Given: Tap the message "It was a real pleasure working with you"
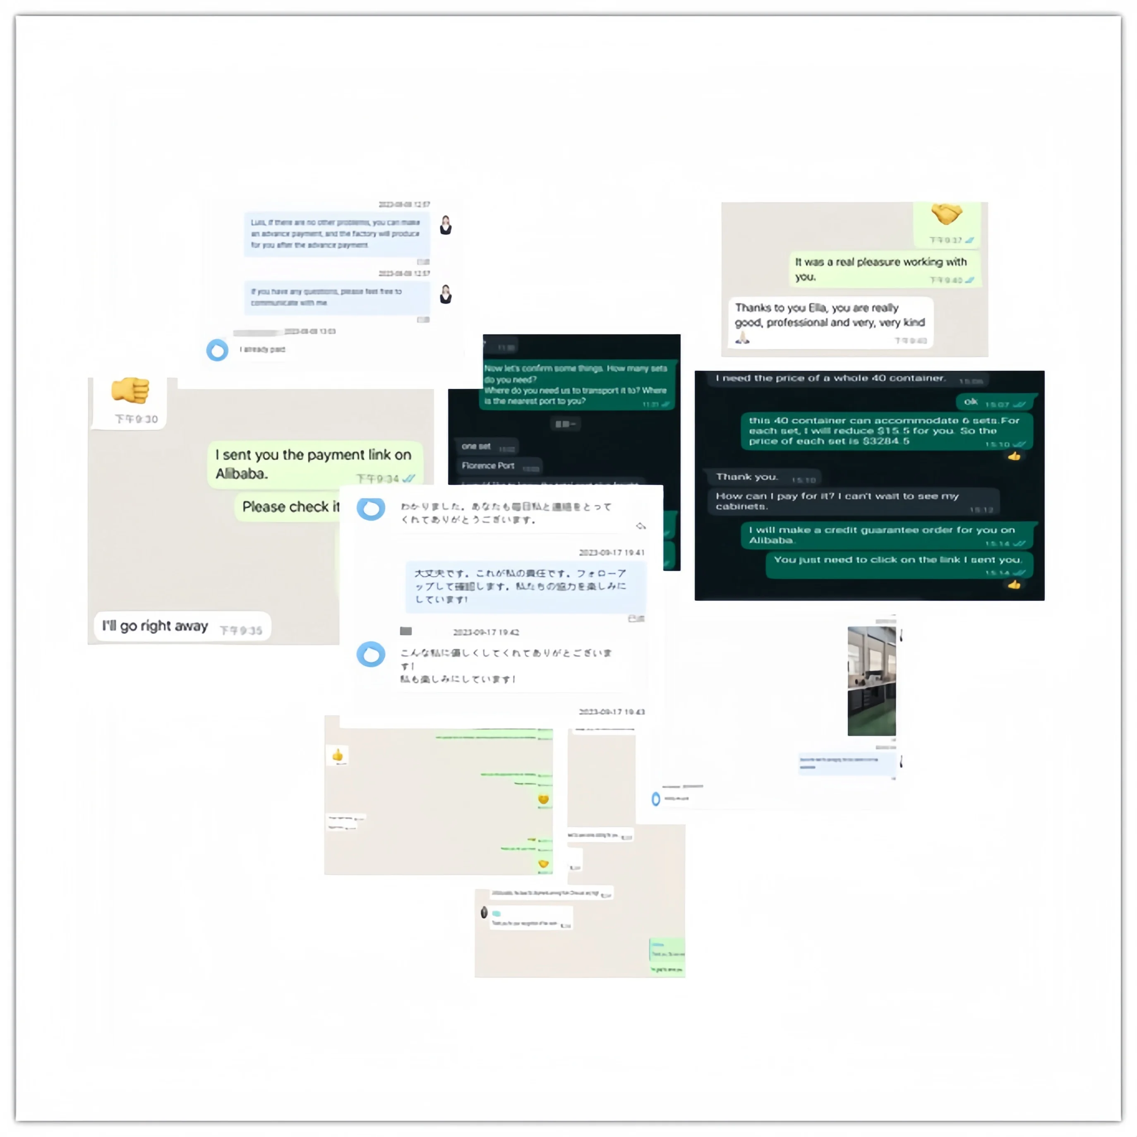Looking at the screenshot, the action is (x=880, y=269).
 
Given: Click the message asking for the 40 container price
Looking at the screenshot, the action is (x=830, y=379).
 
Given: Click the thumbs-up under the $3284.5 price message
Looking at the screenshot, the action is (x=1014, y=456).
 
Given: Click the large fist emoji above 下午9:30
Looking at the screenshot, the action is (x=130, y=391).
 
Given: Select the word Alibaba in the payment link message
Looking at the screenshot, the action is (x=241, y=474).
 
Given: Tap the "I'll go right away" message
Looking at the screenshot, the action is (x=156, y=626).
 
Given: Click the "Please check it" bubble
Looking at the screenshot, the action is (x=290, y=507).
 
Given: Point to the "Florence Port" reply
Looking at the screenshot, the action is (x=488, y=465).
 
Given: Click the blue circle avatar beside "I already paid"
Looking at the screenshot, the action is (x=217, y=350).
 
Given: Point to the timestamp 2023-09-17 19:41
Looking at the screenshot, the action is (x=612, y=553).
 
